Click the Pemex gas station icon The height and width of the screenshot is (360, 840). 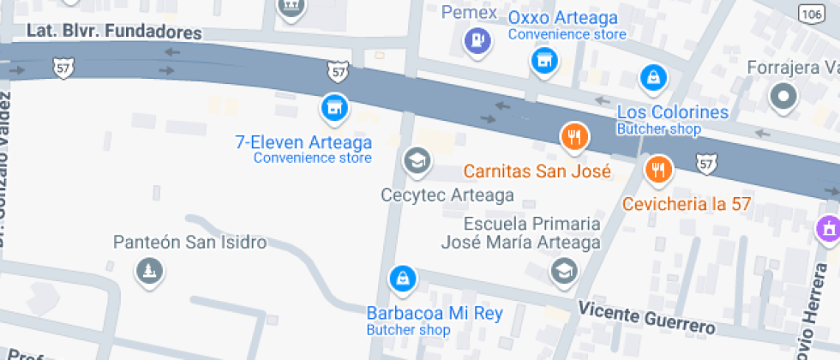coord(477,39)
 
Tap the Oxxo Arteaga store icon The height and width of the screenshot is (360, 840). coord(541,60)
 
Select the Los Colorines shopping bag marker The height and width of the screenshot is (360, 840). coord(653,79)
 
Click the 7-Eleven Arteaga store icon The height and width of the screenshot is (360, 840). coord(333,107)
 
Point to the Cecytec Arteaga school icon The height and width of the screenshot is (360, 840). coord(417,159)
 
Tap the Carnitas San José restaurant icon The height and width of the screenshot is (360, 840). coord(573,135)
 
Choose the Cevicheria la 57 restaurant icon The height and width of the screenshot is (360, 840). coord(658,170)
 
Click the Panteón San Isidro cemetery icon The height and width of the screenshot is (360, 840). coord(150,273)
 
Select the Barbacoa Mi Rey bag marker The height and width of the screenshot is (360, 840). coord(400,278)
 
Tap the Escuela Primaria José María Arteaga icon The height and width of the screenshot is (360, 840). coord(564,270)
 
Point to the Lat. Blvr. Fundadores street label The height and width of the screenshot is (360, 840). coord(114,32)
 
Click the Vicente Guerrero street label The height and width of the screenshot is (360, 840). coord(646,317)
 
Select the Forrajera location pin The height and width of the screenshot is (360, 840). coord(783,98)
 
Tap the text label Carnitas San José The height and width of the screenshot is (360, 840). coord(537,171)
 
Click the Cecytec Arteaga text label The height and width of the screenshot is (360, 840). coord(447,195)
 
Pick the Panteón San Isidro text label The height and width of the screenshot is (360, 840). coord(189,243)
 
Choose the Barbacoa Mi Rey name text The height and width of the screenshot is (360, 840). coord(435,313)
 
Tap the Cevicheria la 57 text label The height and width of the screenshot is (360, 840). coord(687,204)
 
